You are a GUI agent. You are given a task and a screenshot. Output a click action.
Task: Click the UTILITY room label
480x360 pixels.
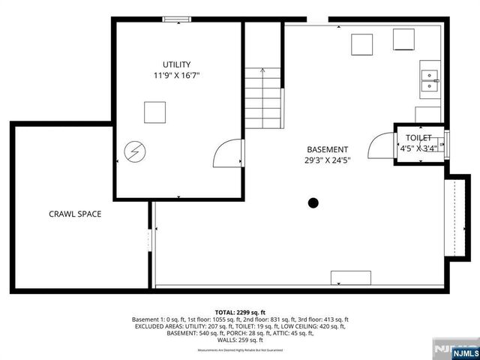point(177,64)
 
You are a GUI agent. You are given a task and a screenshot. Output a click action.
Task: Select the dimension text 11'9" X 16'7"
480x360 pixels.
point(177,76)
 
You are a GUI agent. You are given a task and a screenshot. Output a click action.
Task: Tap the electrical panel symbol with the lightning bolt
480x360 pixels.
point(133,153)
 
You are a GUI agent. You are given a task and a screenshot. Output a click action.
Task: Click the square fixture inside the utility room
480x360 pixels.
point(155,112)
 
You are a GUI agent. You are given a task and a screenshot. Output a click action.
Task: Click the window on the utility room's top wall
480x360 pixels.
point(177,20)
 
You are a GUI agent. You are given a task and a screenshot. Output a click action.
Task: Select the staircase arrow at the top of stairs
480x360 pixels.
point(262,70)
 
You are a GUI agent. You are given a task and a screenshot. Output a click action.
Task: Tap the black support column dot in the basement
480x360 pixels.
point(313,202)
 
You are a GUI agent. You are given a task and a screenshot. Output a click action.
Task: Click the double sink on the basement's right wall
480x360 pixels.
point(430,80)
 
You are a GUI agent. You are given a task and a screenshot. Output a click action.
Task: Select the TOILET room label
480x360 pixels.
point(418,138)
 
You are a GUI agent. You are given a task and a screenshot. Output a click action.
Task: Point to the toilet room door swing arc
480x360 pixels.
point(386,143)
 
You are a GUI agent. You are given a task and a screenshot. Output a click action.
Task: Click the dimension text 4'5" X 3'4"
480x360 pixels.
point(418,148)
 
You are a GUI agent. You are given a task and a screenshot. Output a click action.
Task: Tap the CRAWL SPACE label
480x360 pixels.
point(75,214)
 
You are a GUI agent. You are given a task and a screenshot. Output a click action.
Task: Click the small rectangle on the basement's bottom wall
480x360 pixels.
point(350,278)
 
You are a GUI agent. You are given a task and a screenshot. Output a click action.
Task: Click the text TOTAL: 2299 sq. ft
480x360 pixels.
point(240,312)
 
